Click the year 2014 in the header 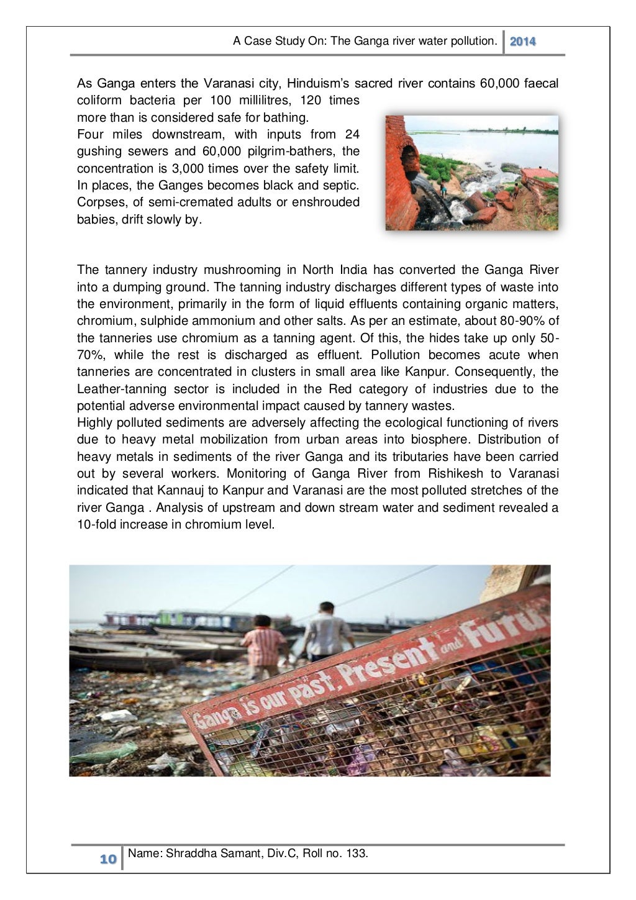coord(522,42)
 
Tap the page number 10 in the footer coord(108,859)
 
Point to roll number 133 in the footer coord(357,853)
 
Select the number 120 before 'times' coord(311,101)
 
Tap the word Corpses coord(100,202)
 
